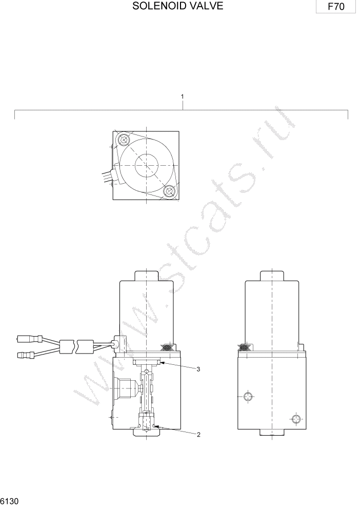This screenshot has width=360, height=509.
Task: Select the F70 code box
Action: pyautogui.click(x=336, y=7)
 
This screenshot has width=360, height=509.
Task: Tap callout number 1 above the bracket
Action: pyautogui.click(x=182, y=96)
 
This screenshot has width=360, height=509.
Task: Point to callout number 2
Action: pyautogui.click(x=198, y=435)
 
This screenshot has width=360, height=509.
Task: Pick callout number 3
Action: pyautogui.click(x=198, y=369)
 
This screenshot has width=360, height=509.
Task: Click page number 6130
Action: pyautogui.click(x=10, y=501)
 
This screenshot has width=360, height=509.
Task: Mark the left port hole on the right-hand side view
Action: pyautogui.click(x=248, y=396)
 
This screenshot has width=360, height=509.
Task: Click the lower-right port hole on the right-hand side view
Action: pyautogui.click(x=295, y=420)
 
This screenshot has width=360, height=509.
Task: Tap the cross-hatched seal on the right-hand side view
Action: pyautogui.click(x=246, y=348)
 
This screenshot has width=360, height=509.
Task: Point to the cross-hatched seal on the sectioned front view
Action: pyautogui.click(x=169, y=348)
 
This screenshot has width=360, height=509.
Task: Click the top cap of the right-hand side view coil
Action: pyautogui.click(x=270, y=275)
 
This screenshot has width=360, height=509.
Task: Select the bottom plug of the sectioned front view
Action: pyautogui.click(x=147, y=433)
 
